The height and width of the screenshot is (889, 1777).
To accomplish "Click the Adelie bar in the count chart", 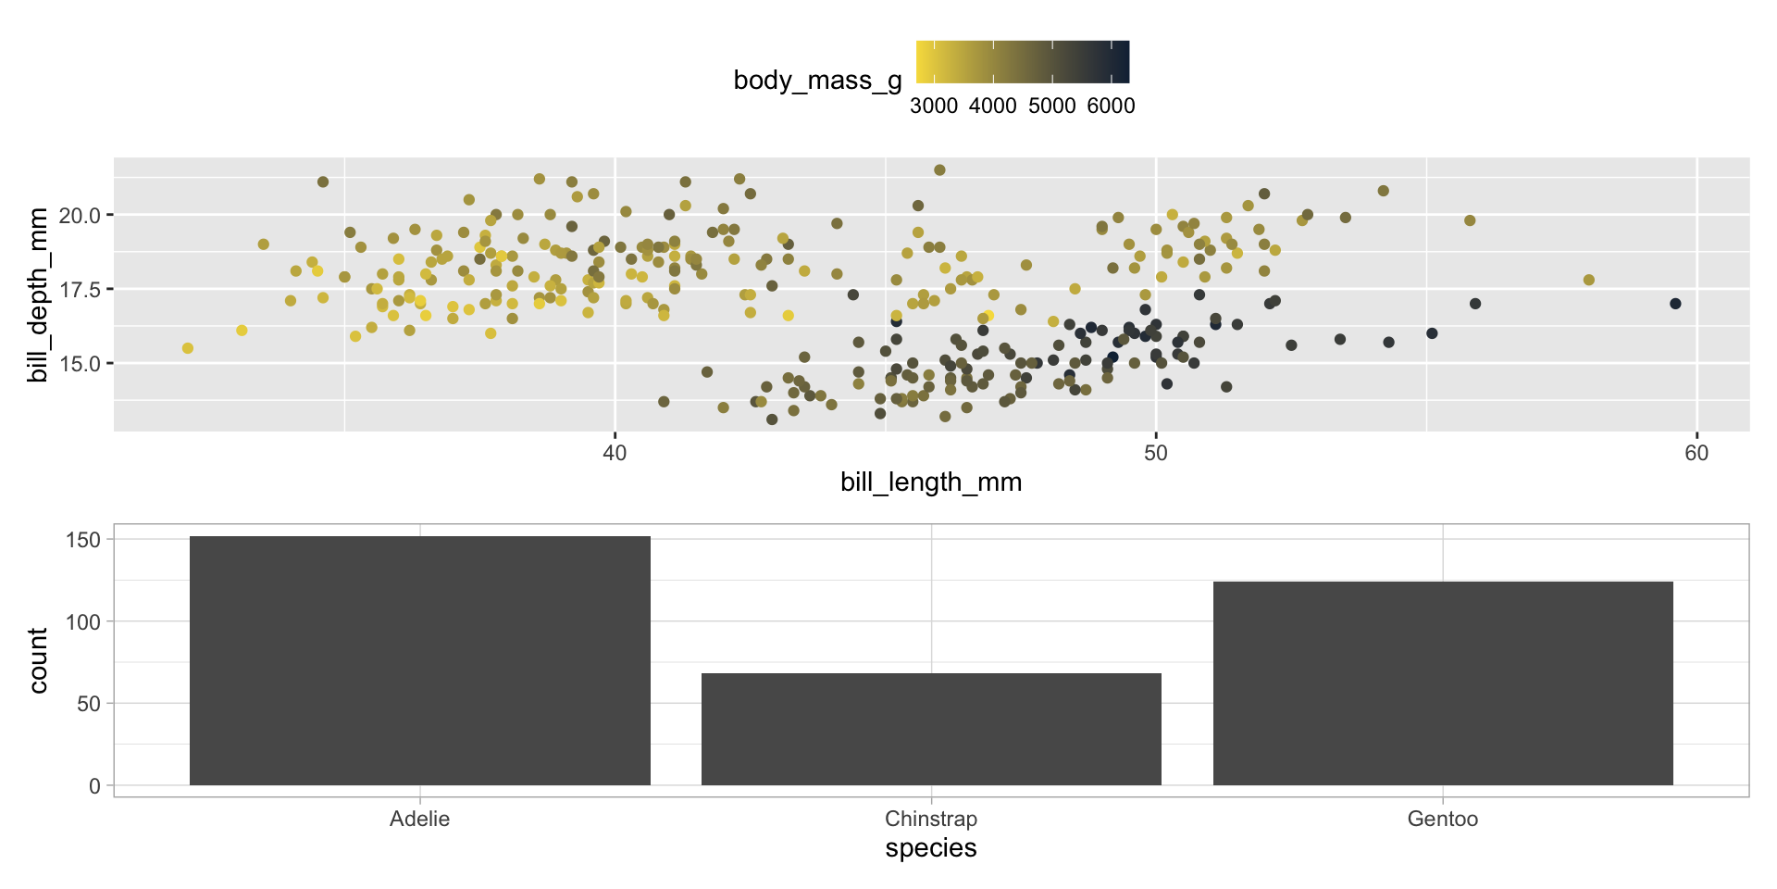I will tap(419, 660).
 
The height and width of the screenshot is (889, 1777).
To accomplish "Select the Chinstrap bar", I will tap(931, 729).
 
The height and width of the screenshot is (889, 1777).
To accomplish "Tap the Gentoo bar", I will tap(1443, 683).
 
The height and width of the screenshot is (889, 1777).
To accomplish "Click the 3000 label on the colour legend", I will tap(933, 106).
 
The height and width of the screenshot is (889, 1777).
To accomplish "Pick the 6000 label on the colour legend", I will tap(1111, 106).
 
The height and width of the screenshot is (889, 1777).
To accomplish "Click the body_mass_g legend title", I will tap(817, 81).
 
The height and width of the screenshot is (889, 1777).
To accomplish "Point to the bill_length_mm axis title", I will tap(931, 482).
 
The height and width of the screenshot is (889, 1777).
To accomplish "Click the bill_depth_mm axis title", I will tap(38, 294).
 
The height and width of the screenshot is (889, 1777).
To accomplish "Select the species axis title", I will tap(931, 848).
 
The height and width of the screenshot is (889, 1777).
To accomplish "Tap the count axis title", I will tap(38, 660).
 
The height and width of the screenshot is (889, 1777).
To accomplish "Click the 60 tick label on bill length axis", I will tap(1696, 453).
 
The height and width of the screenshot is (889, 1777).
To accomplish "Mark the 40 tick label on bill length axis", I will tap(615, 453).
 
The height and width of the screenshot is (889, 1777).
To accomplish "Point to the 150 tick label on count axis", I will tap(83, 539).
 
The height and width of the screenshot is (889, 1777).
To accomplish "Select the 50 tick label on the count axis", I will tap(89, 704).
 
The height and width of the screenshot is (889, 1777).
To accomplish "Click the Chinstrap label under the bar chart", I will tap(931, 819).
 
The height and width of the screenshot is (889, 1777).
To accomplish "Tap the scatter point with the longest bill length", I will tap(1675, 304).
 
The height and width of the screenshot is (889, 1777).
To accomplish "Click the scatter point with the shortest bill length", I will tap(188, 348).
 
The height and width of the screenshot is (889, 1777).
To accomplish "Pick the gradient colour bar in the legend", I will tap(1023, 62).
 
